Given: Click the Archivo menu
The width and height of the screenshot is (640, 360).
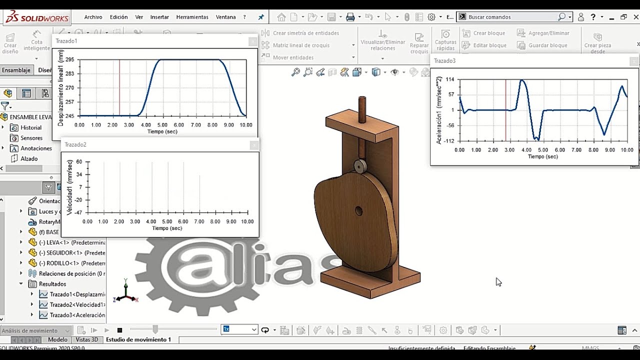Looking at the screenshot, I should pyautogui.click(x=93, y=17).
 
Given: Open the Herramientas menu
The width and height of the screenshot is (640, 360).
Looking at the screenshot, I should pyautogui.click(x=192, y=17).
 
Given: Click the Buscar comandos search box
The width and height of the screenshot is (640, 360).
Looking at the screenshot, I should pyautogui.click(x=512, y=17).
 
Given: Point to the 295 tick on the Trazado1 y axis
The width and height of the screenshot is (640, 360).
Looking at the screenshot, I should pyautogui.click(x=69, y=59).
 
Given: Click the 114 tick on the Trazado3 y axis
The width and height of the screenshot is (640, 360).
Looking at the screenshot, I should pyautogui.click(x=450, y=79).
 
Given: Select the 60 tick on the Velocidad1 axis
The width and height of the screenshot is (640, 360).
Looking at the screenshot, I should pyautogui.click(x=79, y=162).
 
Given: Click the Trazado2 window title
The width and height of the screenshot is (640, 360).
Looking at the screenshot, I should pyautogui.click(x=75, y=144).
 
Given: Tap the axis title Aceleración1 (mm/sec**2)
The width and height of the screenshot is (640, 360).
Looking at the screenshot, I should pyautogui.click(x=439, y=110).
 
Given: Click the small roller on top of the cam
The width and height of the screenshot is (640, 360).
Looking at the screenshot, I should pyautogui.click(x=360, y=166).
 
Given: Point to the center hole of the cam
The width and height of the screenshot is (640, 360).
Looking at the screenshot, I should pyautogui.click(x=359, y=211).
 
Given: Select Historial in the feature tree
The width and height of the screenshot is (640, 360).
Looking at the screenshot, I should pyautogui.click(x=31, y=127).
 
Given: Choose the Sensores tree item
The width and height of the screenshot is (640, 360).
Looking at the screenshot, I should pyautogui.click(x=31, y=138).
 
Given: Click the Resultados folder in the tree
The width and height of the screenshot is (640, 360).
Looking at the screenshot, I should pyautogui.click(x=52, y=284).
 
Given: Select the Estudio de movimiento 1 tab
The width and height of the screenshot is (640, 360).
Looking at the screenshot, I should pyautogui.click(x=138, y=339).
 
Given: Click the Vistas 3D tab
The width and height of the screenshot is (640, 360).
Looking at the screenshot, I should pyautogui.click(x=87, y=339).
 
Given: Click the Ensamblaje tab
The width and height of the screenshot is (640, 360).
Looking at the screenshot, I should pyautogui.click(x=16, y=70).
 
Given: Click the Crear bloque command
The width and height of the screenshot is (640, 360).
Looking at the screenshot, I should pyautogui.click(x=489, y=33).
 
